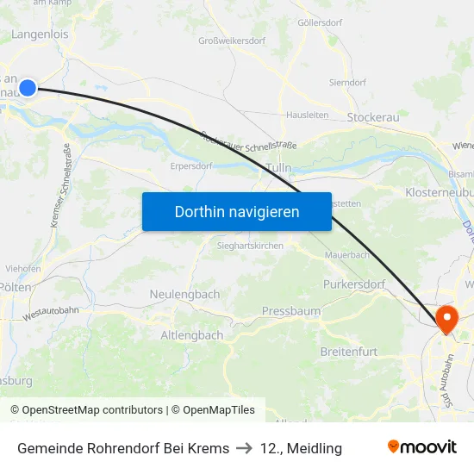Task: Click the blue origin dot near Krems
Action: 28,88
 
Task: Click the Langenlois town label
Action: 41,34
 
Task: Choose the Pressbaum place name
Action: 291,310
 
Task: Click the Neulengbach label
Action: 184,294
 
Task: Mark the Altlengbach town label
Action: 192,334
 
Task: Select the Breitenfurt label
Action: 349,352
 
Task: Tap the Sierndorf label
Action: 348,83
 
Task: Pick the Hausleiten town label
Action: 307,114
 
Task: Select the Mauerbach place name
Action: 347,256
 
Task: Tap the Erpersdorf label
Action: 191,165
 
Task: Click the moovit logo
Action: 422,447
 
